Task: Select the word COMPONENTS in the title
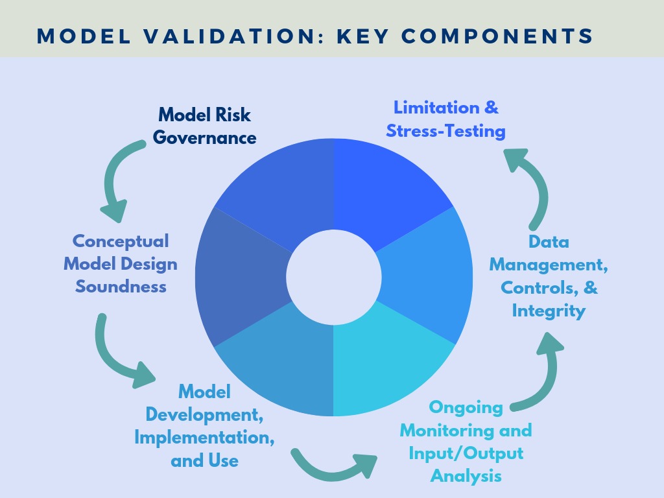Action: click(497, 36)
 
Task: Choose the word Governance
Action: click(204, 137)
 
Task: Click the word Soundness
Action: click(121, 286)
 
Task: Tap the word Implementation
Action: click(204, 438)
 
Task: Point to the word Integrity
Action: click(549, 311)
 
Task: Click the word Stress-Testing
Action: click(445, 130)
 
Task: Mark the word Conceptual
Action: click(121, 241)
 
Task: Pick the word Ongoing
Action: click(466, 408)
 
